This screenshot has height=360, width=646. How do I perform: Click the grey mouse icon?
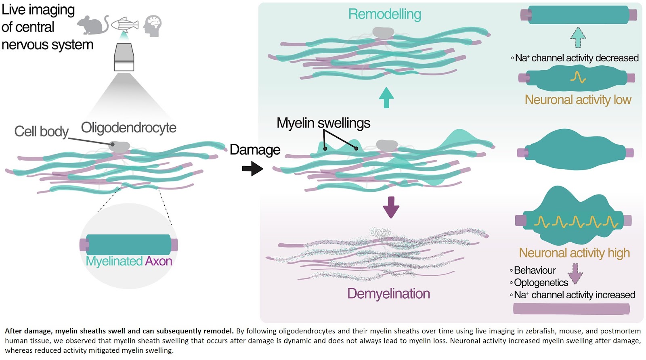tap(92, 25)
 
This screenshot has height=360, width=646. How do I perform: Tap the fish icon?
tap(125, 25)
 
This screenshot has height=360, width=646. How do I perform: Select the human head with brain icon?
tap(153, 26)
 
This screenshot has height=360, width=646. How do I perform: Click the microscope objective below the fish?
tap(124, 57)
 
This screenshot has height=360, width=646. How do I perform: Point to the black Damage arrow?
tap(252, 168)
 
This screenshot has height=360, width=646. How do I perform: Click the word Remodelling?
tap(384, 14)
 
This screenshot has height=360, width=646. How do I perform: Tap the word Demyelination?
tap(388, 293)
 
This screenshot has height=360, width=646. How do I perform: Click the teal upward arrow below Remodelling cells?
tap(386, 98)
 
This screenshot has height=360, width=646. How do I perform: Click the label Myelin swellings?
tap(323, 123)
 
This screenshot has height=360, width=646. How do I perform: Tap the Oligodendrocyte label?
tap(128, 128)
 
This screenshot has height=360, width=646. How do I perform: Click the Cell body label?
tap(41, 132)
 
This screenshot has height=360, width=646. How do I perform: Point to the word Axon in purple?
tap(159, 261)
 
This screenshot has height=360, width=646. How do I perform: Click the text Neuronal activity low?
tap(578, 100)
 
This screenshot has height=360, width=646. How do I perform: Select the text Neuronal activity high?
tap(574, 253)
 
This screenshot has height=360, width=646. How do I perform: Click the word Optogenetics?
tap(541, 283)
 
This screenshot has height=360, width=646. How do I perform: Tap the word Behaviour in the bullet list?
tap(535, 270)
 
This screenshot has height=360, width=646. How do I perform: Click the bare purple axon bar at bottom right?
tap(571, 309)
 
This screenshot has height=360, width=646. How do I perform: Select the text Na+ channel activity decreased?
tap(577, 58)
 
